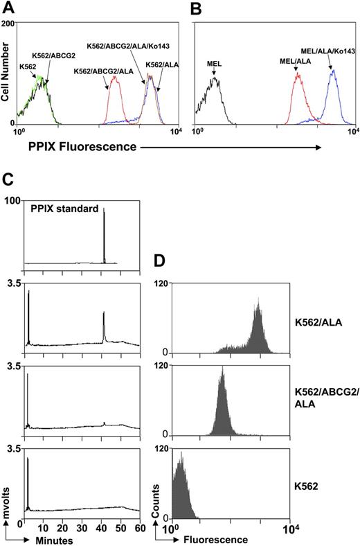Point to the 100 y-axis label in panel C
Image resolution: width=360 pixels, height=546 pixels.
(14, 201)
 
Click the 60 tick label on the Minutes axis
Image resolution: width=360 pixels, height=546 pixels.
(140, 526)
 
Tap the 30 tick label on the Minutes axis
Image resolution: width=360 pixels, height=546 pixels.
(83, 526)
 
